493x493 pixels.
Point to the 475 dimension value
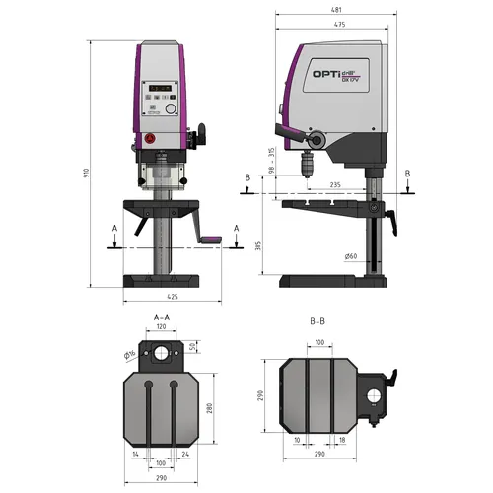pos(338,25)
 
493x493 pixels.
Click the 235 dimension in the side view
pos(335,184)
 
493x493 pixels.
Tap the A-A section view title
pos(162,317)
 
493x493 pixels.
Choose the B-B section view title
pos(317,320)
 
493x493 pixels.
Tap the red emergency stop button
pos(151,139)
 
